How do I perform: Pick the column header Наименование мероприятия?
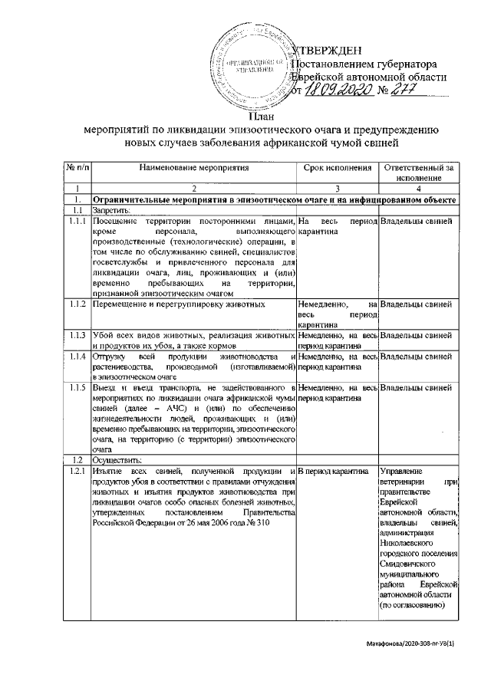[194, 167]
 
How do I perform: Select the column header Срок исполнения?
[338, 167]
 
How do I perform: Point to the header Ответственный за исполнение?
[419, 173]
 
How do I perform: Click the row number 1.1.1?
[76, 222]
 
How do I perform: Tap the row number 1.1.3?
[76, 335]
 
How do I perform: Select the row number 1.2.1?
[76, 470]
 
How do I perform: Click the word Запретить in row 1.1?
[112, 209]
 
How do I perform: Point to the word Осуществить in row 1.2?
[116, 459]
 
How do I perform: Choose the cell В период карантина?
[334, 470]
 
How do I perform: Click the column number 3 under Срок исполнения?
[338, 188]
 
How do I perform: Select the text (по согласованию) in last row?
[415, 604]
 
